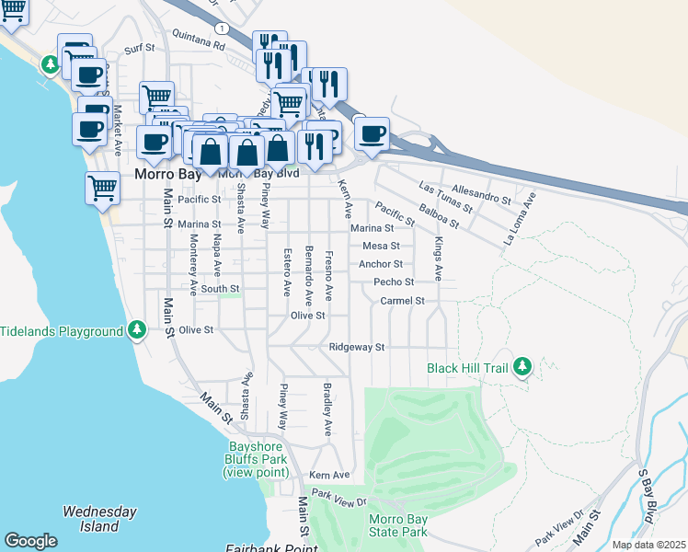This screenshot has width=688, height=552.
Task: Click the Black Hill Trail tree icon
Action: point(522,367)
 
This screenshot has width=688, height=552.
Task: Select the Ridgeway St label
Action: point(357,348)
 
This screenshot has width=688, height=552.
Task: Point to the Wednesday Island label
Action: point(99,519)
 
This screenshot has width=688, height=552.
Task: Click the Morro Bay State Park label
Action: point(398,525)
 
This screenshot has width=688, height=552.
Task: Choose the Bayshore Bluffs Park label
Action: point(254,459)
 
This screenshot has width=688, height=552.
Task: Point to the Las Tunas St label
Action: point(444,194)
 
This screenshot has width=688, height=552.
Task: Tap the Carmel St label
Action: point(402,301)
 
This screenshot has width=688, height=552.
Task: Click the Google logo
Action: point(30,541)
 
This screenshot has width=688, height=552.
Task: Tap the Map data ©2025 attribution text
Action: point(648,545)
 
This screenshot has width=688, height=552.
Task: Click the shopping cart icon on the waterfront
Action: point(102,188)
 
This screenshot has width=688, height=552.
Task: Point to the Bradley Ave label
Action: point(326,409)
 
